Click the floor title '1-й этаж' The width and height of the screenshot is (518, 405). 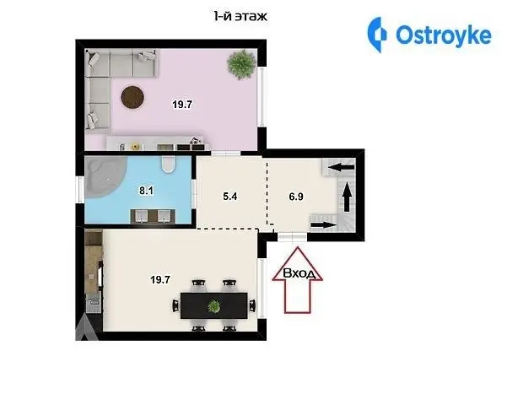[240, 16]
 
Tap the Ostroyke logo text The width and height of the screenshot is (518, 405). [444, 35]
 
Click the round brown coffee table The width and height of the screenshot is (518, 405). [132, 97]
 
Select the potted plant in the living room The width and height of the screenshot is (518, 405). [242, 64]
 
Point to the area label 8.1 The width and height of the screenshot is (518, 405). [146, 191]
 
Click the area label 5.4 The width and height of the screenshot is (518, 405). [230, 197]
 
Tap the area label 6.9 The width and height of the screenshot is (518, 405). [296, 197]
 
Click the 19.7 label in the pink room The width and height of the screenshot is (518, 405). [182, 105]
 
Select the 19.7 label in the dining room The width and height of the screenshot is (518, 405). [160, 280]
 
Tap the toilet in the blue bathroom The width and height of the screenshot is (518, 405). [169, 164]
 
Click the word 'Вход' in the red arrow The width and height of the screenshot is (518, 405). [298, 273]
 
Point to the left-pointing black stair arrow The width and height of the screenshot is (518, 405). [342, 167]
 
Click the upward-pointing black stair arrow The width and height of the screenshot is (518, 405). [347, 197]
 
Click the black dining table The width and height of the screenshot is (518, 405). [213, 305]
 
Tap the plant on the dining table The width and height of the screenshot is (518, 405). [214, 306]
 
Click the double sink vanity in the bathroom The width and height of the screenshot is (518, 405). [153, 216]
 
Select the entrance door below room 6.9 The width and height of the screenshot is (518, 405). [293, 236]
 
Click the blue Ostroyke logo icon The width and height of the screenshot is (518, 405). [377, 35]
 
